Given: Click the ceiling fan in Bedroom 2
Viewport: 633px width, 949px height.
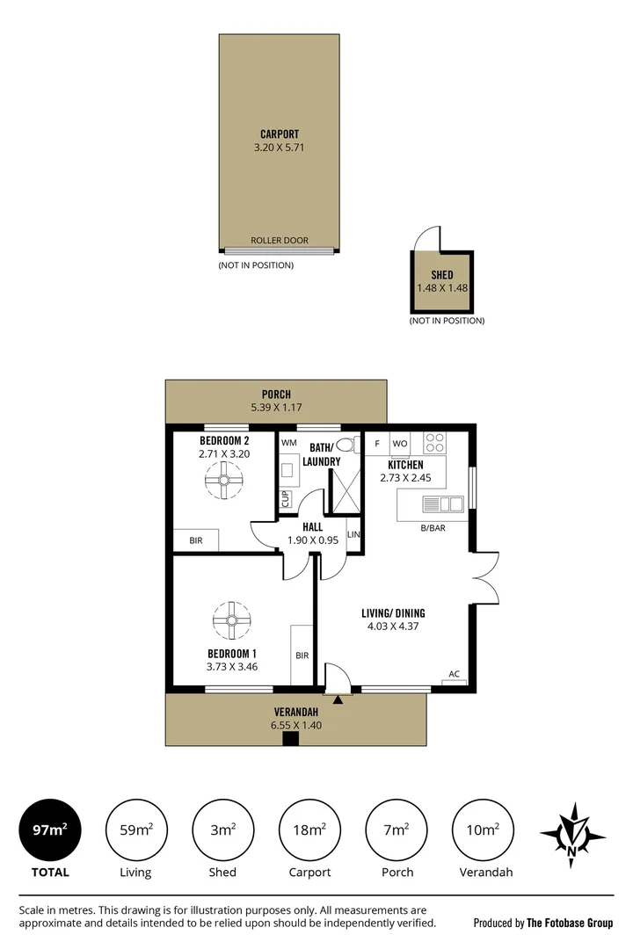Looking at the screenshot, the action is [x=223, y=480].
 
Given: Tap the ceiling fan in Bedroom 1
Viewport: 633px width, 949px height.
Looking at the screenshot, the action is [x=232, y=620].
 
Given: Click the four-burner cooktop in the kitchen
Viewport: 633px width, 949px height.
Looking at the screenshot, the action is [x=434, y=443].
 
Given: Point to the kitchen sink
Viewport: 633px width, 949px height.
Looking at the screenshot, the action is [x=443, y=503].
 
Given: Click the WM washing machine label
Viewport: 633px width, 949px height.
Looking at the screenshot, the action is [x=289, y=442].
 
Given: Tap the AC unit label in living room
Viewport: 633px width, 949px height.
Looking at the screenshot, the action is [x=455, y=674].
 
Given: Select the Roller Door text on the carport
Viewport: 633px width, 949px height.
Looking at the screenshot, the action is [x=280, y=240].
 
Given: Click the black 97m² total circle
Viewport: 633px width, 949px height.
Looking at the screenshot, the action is [x=49, y=829].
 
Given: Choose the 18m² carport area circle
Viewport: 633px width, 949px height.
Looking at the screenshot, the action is [x=309, y=829].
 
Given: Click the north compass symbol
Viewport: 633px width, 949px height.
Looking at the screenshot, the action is [x=572, y=836].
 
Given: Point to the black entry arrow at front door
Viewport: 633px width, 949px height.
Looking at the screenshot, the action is [x=338, y=699].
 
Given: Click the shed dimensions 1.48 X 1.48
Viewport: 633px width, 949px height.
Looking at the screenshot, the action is [x=442, y=288].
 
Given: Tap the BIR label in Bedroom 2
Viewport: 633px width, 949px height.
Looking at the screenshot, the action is [x=196, y=540].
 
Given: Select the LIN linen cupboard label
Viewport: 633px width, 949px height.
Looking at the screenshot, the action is [x=353, y=534].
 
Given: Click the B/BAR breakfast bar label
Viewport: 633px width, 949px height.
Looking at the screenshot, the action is [x=433, y=528].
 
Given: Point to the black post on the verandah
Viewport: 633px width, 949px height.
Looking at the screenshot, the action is [x=291, y=739].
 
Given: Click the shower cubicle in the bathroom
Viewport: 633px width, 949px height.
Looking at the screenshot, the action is [x=344, y=493].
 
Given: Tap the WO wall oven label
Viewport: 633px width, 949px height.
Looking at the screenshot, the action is [x=400, y=444].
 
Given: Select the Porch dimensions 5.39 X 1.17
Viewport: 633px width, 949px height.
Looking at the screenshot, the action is [x=276, y=408].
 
